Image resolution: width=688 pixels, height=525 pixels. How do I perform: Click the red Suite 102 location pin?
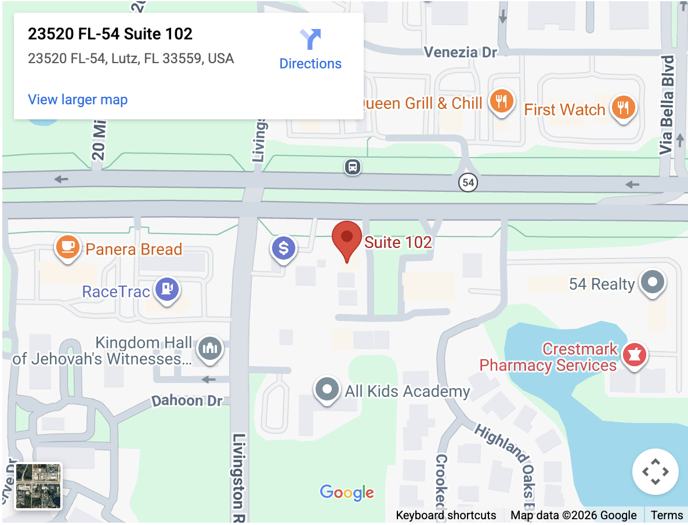[x=346, y=238]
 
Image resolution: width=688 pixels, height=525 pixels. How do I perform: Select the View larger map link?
[x=78, y=100]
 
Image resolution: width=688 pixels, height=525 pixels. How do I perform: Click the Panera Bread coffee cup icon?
[x=68, y=247]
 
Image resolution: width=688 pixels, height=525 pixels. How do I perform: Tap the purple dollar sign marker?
[x=284, y=249]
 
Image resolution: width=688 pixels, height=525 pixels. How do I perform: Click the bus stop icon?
[x=352, y=167]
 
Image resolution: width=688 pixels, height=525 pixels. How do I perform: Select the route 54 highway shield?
[x=468, y=183]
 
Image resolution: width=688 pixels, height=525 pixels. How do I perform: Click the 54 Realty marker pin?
[x=653, y=282]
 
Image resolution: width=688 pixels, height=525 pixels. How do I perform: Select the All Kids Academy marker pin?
[x=327, y=389]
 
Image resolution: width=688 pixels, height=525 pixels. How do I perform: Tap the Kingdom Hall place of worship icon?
[x=209, y=348]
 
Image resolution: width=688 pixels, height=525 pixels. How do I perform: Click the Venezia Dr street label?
[x=461, y=52]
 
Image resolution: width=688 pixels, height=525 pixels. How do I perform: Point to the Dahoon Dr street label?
[x=187, y=400]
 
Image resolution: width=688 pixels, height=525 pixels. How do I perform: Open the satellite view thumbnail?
[x=38, y=486]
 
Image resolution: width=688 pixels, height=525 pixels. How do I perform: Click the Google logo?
[x=347, y=493]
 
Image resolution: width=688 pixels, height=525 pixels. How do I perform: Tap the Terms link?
[x=667, y=515]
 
